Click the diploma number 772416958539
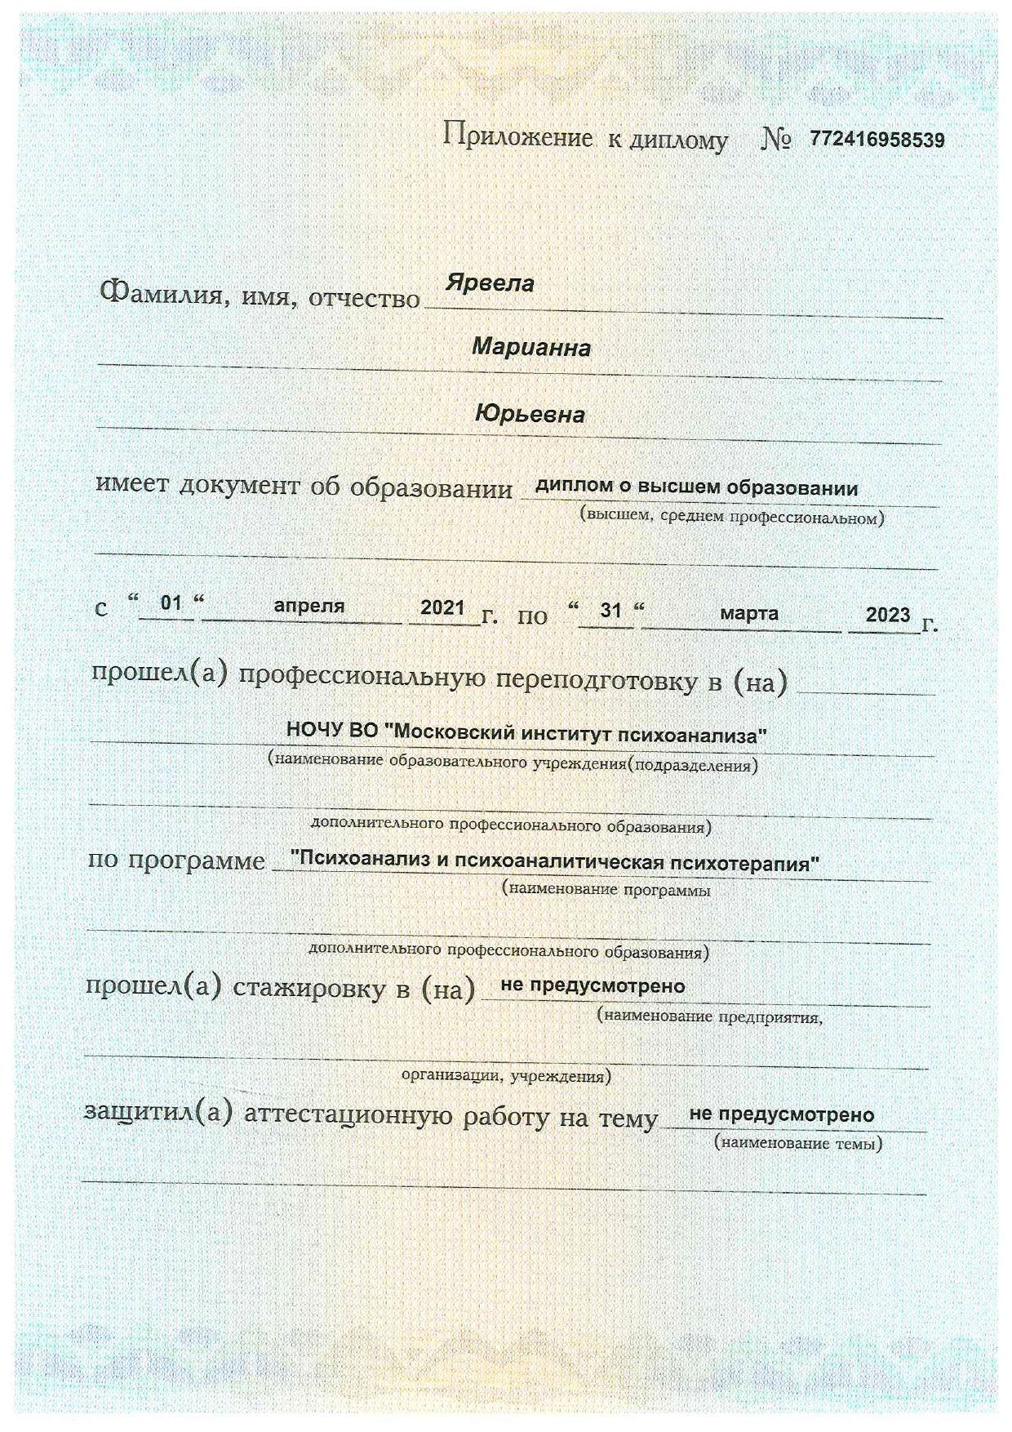(877, 140)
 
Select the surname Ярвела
(490, 283)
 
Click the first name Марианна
(531, 348)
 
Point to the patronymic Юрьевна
(530, 415)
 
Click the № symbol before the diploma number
(775, 140)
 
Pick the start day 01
(171, 603)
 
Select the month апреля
(308, 606)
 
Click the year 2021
(442, 607)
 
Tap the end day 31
(610, 610)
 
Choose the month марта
(748, 613)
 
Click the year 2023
(887, 615)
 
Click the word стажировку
(309, 988)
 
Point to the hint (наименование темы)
(798, 1143)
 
